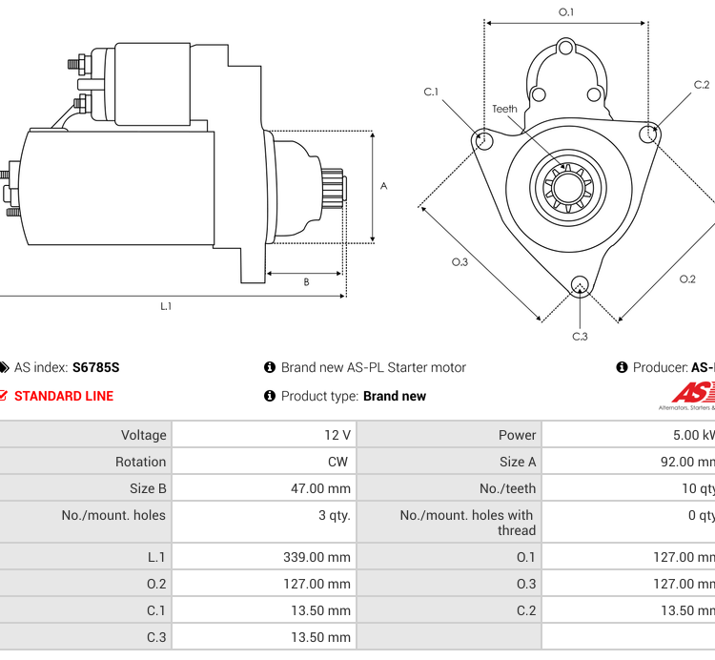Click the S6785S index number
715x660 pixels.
click(x=95, y=367)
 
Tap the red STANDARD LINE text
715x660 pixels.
click(x=63, y=396)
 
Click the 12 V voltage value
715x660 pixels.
click(x=337, y=435)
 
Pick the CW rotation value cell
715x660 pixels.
click(x=337, y=462)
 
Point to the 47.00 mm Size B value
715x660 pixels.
click(x=320, y=488)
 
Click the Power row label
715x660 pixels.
click(x=517, y=435)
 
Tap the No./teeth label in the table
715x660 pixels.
click(x=508, y=488)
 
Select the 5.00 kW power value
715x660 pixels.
click(x=693, y=435)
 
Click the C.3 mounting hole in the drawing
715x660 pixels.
click(x=579, y=285)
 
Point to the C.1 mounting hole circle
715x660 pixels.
click(x=482, y=140)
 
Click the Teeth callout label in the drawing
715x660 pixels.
click(x=504, y=109)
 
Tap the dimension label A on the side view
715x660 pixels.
click(x=383, y=186)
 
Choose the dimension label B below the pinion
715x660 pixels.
click(x=306, y=282)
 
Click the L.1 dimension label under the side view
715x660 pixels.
click(x=166, y=306)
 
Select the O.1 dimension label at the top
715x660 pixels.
click(x=566, y=12)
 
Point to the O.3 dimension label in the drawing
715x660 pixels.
click(x=460, y=262)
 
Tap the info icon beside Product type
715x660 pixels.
click(x=270, y=396)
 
